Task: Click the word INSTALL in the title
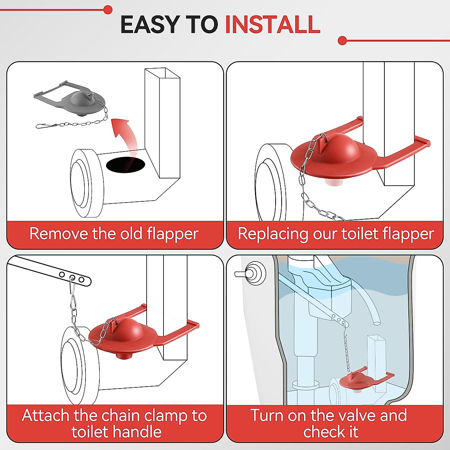point(273,24)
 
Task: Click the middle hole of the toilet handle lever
point(72,277)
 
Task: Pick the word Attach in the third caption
point(45,415)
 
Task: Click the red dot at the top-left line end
point(108,10)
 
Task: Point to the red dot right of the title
point(342,40)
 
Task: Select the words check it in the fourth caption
point(331,432)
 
